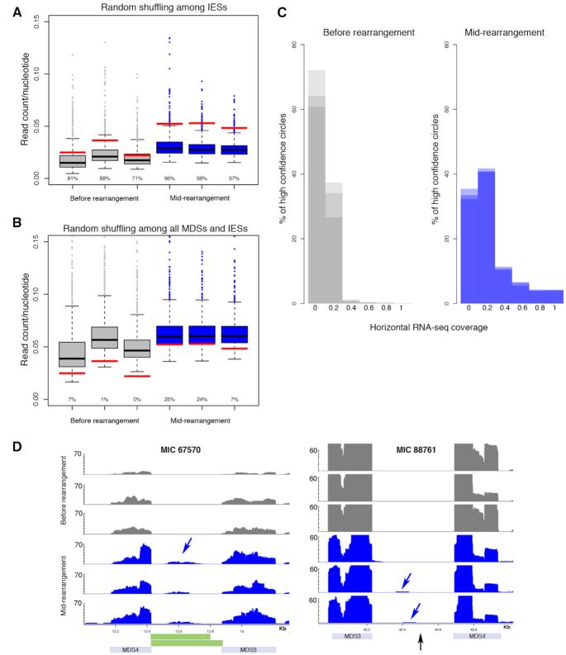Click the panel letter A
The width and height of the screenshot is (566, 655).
coord(9,9)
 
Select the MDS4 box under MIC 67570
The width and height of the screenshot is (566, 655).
coord(130,648)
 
